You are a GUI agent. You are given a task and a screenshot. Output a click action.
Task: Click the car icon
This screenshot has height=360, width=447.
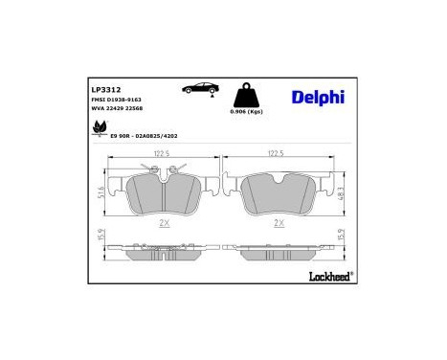coord(198,89)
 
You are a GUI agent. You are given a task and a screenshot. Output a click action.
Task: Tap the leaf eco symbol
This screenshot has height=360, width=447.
coord(100,131)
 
